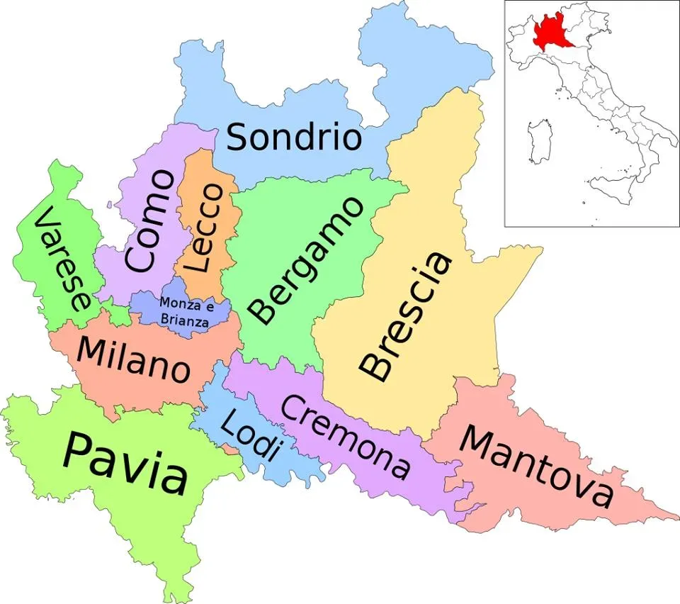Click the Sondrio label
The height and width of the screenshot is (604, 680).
[x=294, y=137]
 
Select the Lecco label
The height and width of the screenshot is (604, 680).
[x=206, y=228]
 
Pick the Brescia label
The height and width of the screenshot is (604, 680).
[x=405, y=315]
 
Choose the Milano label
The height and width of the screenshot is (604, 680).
[x=133, y=360]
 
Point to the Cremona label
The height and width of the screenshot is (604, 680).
[x=346, y=436]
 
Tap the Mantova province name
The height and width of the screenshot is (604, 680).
[x=535, y=469]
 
